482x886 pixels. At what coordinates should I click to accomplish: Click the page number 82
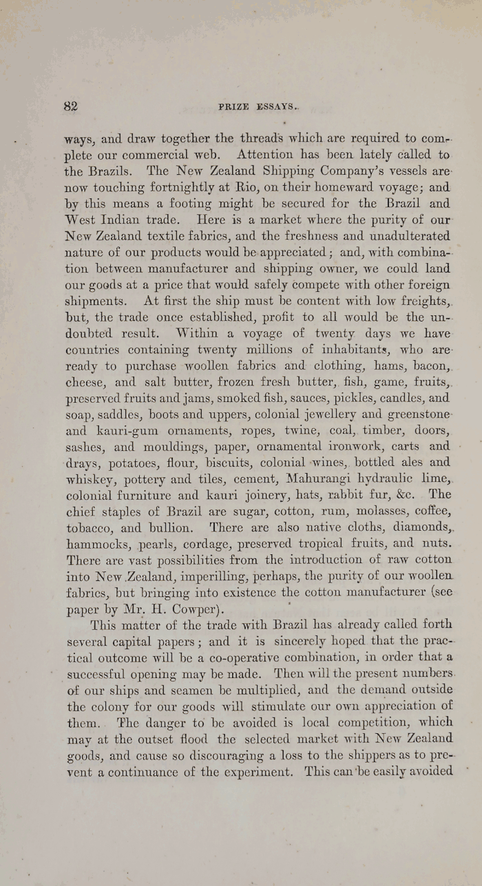pyautogui.click(x=70, y=106)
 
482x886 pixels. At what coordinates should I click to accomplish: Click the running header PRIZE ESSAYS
pyautogui.click(x=258, y=107)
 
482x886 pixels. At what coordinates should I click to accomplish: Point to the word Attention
pyautogui.click(x=268, y=154)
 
